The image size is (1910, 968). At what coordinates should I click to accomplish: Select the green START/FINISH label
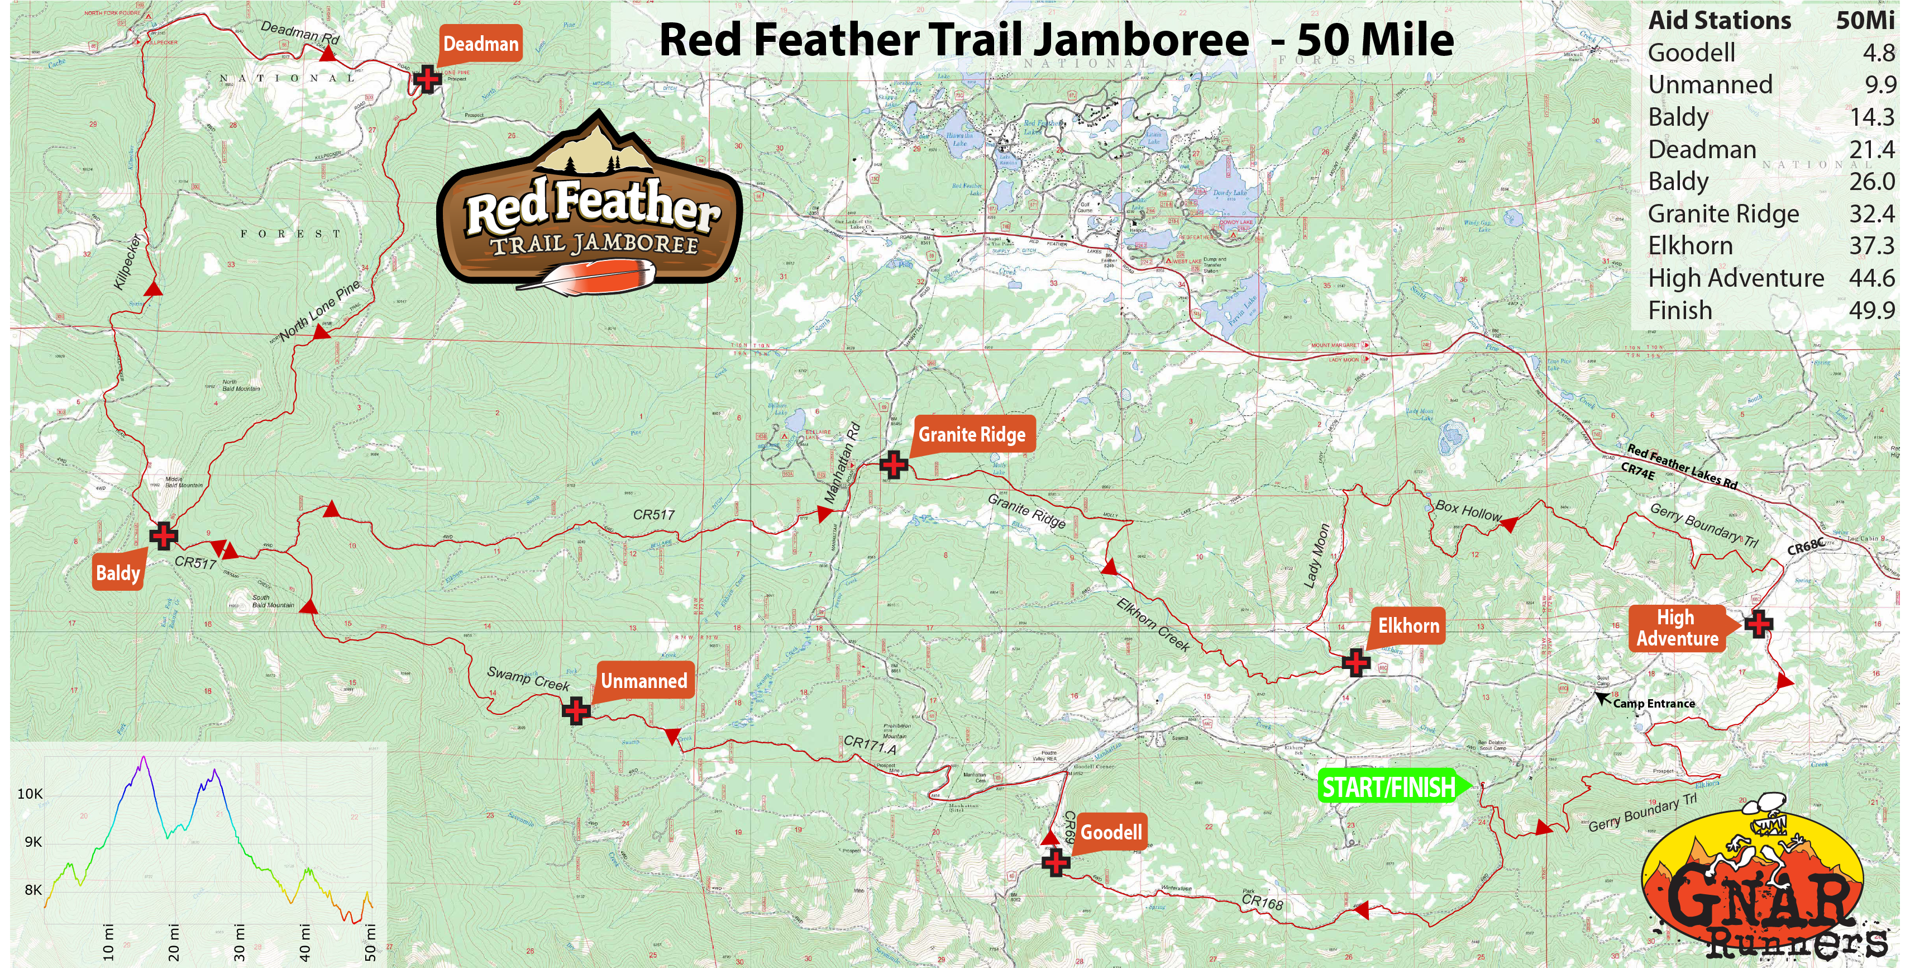1389,787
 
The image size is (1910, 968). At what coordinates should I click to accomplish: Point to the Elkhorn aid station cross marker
1355,662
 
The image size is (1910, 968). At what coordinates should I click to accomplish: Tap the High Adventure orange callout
1677,628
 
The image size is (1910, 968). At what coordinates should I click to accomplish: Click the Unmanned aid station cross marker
576,710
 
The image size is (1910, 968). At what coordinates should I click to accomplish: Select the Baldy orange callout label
118,573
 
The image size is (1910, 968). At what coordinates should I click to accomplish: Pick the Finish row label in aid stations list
1680,310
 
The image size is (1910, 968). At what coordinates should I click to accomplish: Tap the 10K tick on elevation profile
30,794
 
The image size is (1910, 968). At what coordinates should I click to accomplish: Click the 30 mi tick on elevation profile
239,942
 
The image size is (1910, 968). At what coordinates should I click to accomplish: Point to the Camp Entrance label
1654,703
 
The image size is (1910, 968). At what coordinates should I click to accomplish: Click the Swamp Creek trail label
528,678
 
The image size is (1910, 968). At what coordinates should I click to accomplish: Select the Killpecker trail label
127,263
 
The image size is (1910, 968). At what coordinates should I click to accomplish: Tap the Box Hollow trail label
1468,510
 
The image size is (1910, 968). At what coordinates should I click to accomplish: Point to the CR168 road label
1262,901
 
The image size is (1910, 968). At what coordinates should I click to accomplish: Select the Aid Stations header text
1718,21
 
